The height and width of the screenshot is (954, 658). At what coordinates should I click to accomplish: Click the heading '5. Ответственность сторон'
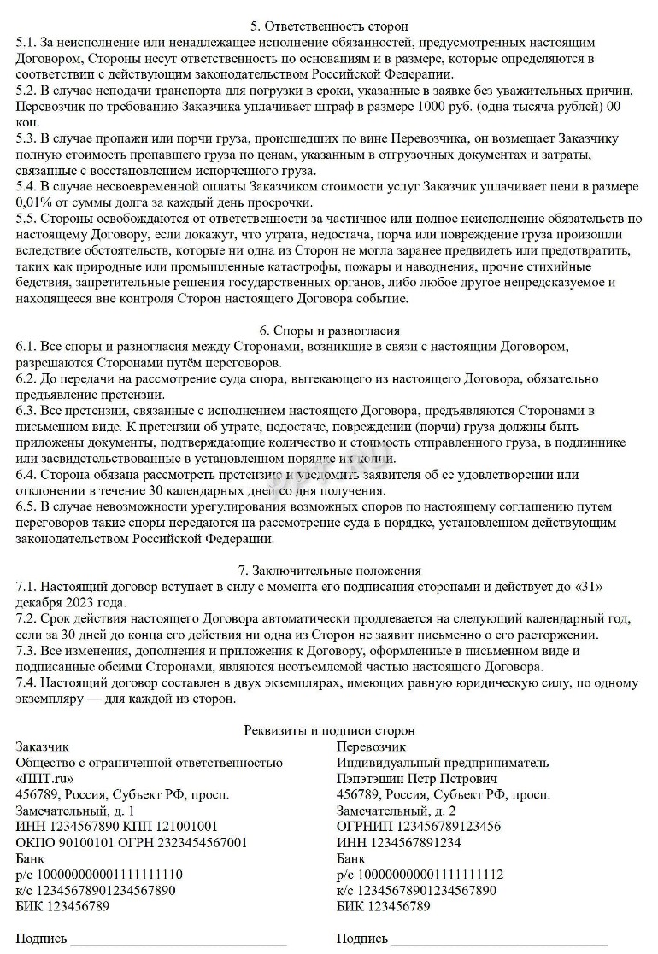pyautogui.click(x=329, y=26)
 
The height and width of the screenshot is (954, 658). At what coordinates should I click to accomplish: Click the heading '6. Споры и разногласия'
pyautogui.click(x=329, y=331)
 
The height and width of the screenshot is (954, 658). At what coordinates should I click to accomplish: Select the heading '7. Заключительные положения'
pyautogui.click(x=329, y=571)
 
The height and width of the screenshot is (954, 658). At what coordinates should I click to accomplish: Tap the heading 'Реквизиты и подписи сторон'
pyautogui.click(x=329, y=730)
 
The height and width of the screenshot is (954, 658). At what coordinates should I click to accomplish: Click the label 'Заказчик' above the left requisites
pyautogui.click(x=43, y=746)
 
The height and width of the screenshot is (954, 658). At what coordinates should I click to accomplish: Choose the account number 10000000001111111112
pyautogui.click(x=427, y=874)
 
